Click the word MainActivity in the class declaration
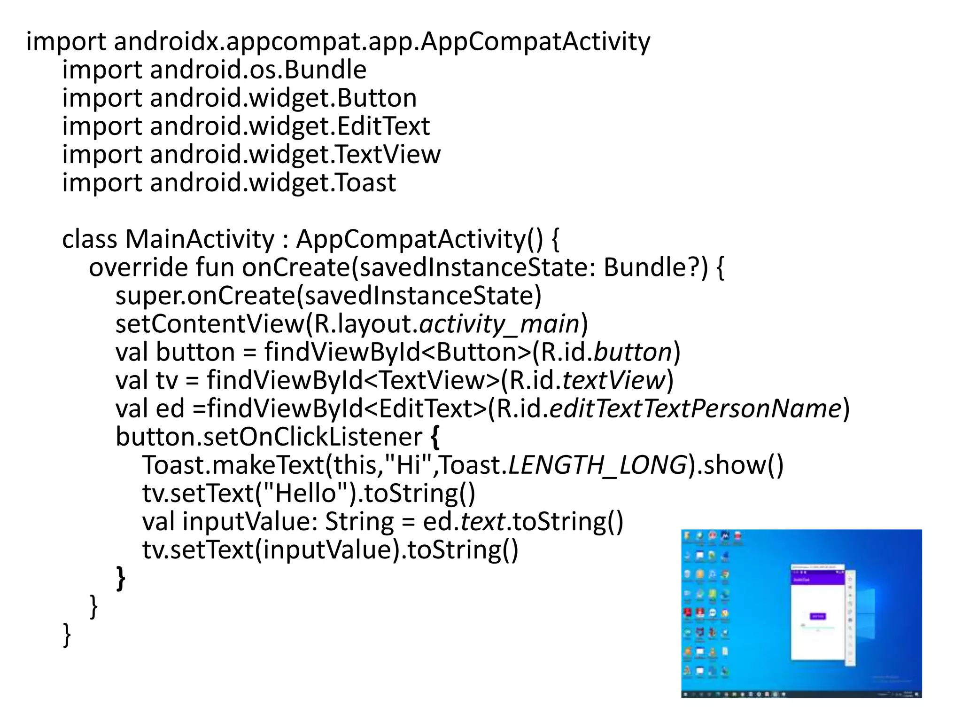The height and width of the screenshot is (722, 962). [200, 239]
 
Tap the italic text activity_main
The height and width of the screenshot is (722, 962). [499, 324]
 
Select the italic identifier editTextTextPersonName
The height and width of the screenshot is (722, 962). [695, 408]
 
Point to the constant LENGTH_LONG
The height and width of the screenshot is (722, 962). [597, 465]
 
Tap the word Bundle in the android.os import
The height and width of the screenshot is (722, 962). [325, 70]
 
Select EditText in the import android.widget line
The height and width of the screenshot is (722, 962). [383, 126]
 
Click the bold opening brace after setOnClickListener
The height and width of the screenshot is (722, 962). [435, 437]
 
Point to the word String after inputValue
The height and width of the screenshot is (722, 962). [359, 522]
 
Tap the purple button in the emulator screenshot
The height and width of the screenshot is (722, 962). [818, 616]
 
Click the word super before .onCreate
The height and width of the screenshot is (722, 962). [149, 296]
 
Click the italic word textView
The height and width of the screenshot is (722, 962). [614, 381]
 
